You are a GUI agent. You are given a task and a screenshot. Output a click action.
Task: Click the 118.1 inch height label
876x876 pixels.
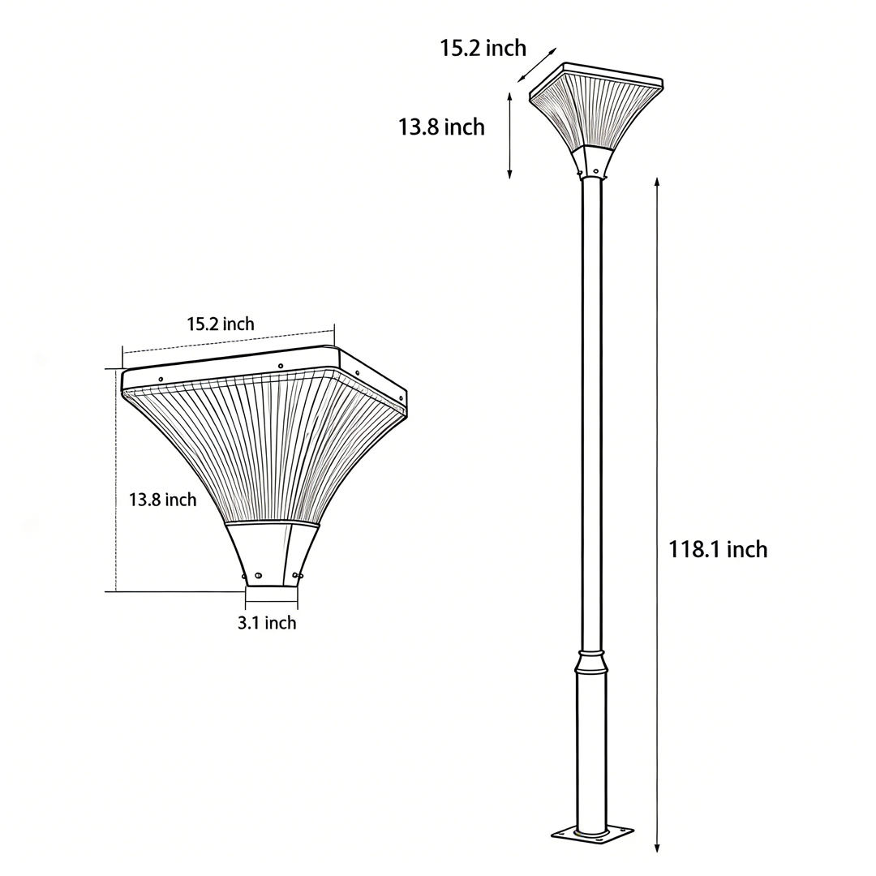tap(717, 549)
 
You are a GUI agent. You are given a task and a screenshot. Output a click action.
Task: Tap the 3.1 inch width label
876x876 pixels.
tap(267, 623)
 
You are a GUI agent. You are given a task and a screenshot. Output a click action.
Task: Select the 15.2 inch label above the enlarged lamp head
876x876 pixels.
tap(221, 324)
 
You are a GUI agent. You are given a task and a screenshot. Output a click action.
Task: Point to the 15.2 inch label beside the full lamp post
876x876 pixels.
tap(483, 48)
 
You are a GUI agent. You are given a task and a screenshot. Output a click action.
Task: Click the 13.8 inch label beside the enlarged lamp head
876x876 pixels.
tap(162, 500)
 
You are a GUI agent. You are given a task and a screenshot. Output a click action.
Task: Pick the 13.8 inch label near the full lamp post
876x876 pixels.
tap(441, 127)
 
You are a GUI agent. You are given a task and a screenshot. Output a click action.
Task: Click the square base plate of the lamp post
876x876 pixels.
tap(591, 834)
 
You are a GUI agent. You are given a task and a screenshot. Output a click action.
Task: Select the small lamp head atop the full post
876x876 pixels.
tap(596, 114)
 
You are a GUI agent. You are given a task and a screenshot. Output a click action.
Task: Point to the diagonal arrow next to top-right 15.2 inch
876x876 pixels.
tap(538, 65)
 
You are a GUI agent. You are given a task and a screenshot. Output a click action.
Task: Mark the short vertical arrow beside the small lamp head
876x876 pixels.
tap(509, 135)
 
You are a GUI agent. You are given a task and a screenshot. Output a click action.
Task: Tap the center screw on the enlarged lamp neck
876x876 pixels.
tap(258, 576)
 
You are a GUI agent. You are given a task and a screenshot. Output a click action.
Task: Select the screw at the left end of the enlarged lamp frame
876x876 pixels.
tap(161, 380)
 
